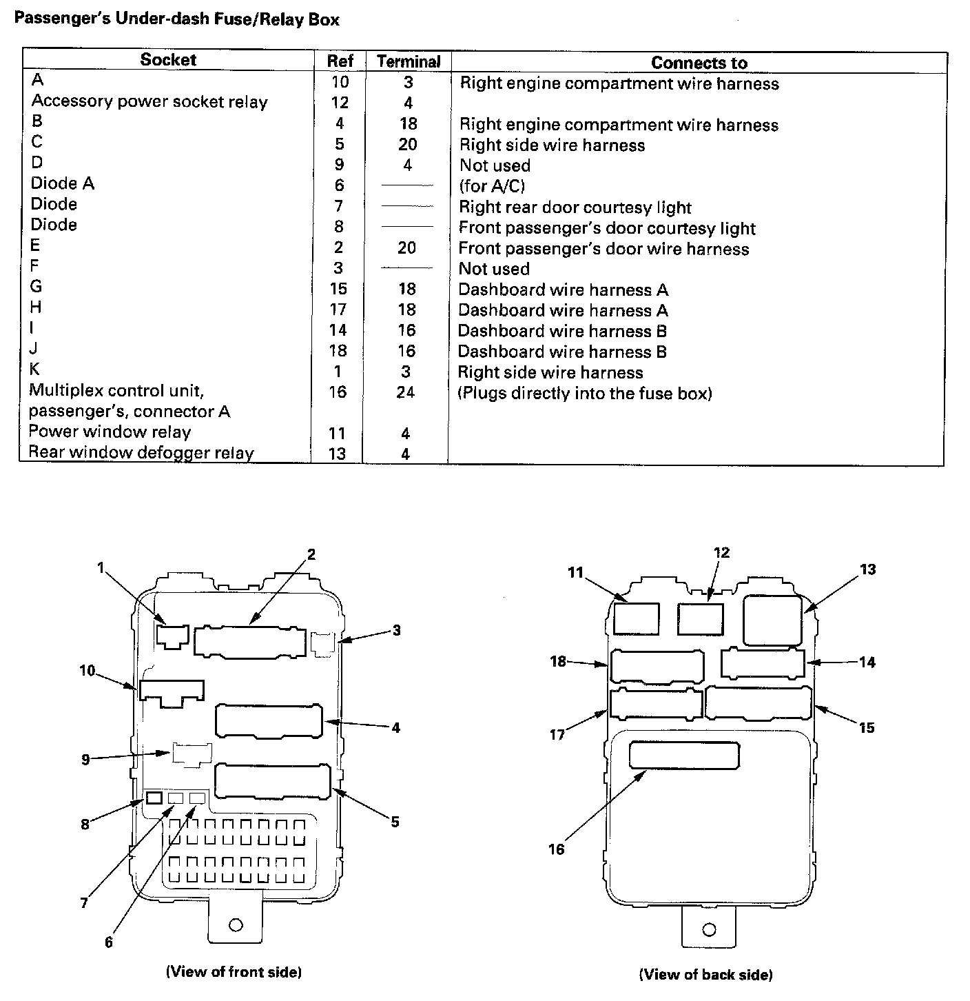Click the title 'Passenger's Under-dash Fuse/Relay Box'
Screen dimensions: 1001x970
pyautogui.click(x=177, y=19)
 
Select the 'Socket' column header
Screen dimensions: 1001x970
pyautogui.click(x=168, y=60)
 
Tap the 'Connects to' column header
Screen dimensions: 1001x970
pyautogui.click(x=699, y=63)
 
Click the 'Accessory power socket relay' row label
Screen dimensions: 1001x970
pyautogui.click(x=149, y=102)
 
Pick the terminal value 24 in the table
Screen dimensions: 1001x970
pyautogui.click(x=406, y=392)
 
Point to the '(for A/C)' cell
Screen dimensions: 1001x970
pyautogui.click(x=492, y=186)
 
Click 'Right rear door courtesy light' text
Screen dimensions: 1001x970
pyautogui.click(x=575, y=208)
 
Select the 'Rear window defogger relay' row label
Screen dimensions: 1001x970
pyautogui.click(x=141, y=453)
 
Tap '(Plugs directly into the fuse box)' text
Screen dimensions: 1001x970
pyautogui.click(x=585, y=394)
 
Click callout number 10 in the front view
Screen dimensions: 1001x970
pyautogui.click(x=87, y=670)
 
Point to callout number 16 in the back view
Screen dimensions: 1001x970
pyautogui.click(x=556, y=849)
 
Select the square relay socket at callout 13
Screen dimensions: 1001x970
pyautogui.click(x=772, y=620)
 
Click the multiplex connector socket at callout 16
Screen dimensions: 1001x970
pyautogui.click(x=684, y=756)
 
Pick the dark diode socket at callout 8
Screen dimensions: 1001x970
pyautogui.click(x=154, y=798)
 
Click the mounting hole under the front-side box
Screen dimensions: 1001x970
pyautogui.click(x=236, y=925)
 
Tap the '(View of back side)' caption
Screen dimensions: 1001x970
pyautogui.click(x=705, y=975)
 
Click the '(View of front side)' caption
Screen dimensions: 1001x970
pyautogui.click(x=234, y=972)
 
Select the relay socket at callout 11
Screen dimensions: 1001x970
pyautogui.click(x=636, y=618)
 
